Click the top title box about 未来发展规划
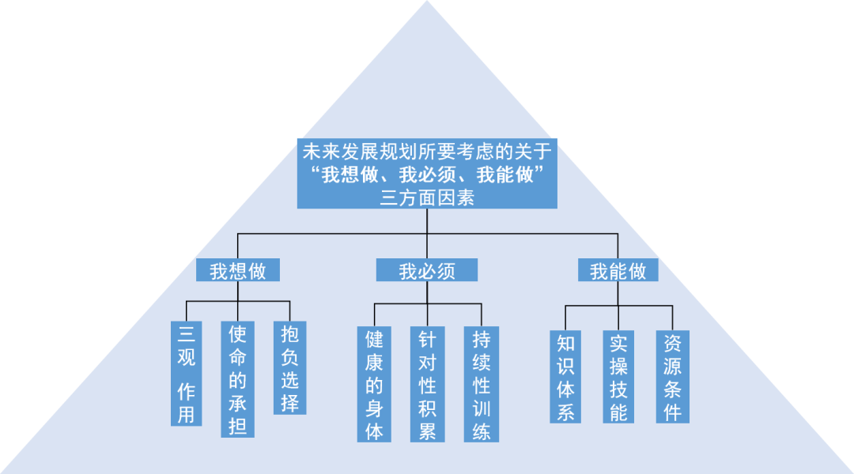427,174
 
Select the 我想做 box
238,270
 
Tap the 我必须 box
427,270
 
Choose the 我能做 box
618,270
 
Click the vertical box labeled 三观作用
186,373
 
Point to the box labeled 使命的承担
237,379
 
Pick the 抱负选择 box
289,367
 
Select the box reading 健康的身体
374,384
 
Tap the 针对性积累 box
427,384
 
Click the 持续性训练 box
481,384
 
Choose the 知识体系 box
565,377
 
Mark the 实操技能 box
618,377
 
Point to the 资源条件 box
672,377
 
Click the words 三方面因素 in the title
427,198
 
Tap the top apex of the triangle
427,3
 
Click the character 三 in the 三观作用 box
186,333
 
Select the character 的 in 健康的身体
374,386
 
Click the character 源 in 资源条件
672,366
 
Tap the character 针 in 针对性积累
427,340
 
